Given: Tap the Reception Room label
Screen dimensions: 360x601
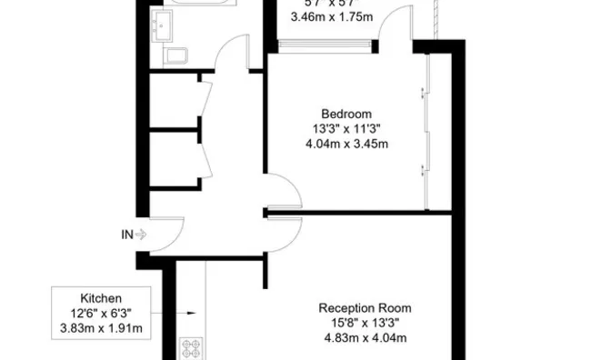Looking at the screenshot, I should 361,307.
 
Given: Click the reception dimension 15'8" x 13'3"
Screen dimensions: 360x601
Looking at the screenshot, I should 361,323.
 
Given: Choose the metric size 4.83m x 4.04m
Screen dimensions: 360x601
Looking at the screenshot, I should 361,338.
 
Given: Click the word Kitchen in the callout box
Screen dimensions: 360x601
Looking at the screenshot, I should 102,298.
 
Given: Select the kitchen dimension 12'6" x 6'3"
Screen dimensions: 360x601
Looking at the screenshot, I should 102,314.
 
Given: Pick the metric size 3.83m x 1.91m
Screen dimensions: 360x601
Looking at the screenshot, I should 102,328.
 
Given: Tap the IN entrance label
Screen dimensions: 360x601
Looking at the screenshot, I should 127,235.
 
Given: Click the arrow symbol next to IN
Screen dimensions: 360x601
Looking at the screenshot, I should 141,235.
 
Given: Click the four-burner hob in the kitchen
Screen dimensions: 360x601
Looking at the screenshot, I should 192,348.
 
